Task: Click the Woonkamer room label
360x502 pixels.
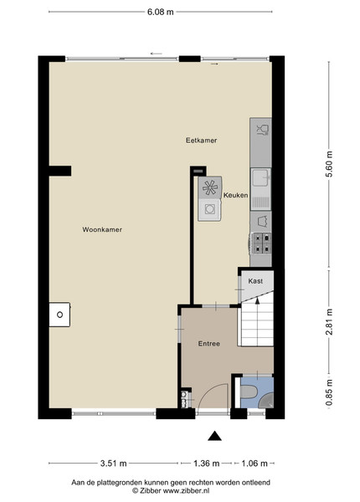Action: click(x=102, y=229)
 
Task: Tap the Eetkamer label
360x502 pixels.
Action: click(x=202, y=141)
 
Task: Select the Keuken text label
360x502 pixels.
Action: click(x=236, y=195)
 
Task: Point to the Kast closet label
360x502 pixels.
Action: click(x=255, y=281)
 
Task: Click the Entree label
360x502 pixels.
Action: click(x=209, y=344)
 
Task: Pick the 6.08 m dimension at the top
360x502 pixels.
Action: click(x=161, y=12)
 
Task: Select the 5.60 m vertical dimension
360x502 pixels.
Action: click(x=330, y=164)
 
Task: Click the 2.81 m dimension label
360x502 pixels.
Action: click(x=330, y=322)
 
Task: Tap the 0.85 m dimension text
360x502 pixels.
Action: click(x=330, y=392)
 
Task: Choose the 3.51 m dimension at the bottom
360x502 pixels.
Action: click(x=113, y=464)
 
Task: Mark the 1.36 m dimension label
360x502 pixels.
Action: click(x=206, y=464)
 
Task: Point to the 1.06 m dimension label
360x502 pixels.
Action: click(x=255, y=464)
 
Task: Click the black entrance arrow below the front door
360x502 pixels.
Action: click(x=214, y=436)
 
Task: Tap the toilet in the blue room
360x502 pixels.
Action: click(x=248, y=392)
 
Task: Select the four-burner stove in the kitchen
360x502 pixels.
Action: click(x=262, y=243)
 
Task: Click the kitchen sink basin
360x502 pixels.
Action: click(x=260, y=178)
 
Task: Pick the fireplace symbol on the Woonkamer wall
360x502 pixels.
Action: click(x=59, y=315)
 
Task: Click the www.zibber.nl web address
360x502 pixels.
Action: click(x=186, y=490)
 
